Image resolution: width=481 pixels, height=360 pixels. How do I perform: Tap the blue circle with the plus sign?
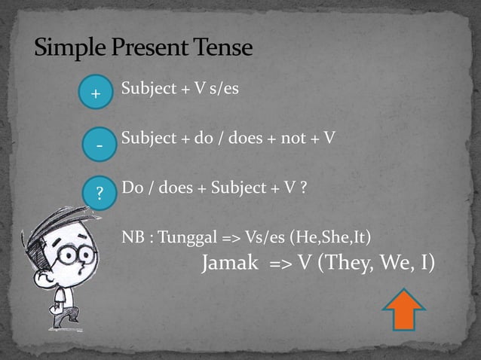pyautogui.click(x=96, y=94)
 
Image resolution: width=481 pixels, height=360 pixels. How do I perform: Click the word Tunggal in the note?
pyautogui.click(x=188, y=238)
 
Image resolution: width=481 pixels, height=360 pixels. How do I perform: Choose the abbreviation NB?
pyautogui.click(x=133, y=238)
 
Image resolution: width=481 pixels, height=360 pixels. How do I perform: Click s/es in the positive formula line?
pyautogui.click(x=222, y=89)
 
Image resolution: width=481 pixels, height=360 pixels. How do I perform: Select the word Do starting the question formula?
pyautogui.click(x=131, y=188)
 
